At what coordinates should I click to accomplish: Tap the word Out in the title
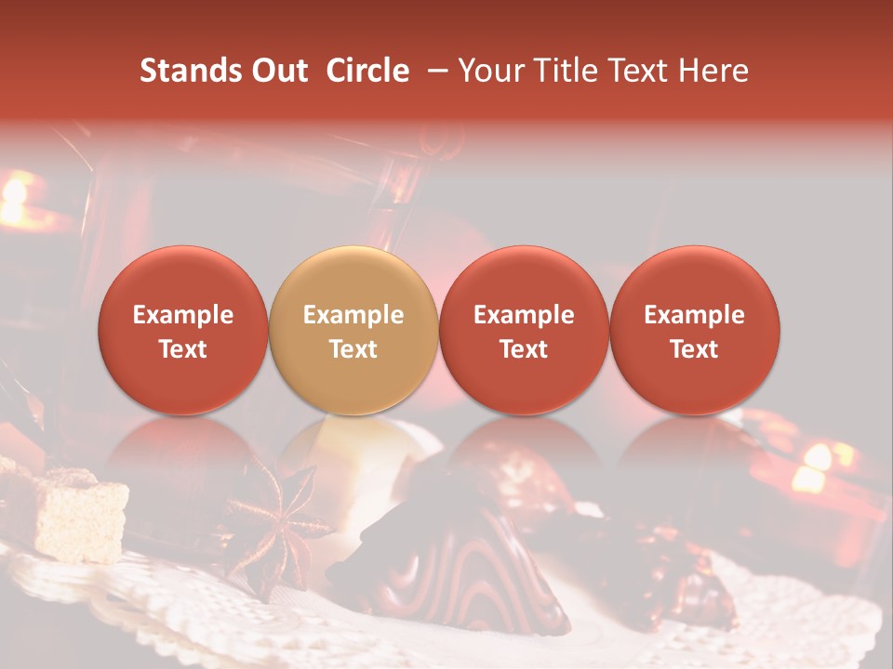click(x=278, y=71)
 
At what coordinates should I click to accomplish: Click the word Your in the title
click(x=491, y=71)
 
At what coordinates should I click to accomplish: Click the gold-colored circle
click(x=353, y=330)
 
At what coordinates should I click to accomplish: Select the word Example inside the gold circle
click(x=353, y=315)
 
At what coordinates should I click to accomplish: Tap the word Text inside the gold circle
click(x=353, y=349)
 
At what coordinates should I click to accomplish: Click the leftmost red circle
click(x=182, y=330)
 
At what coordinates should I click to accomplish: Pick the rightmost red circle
click(x=694, y=330)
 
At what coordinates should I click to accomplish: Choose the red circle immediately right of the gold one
click(x=524, y=330)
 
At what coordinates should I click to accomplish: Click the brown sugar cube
click(x=78, y=511)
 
